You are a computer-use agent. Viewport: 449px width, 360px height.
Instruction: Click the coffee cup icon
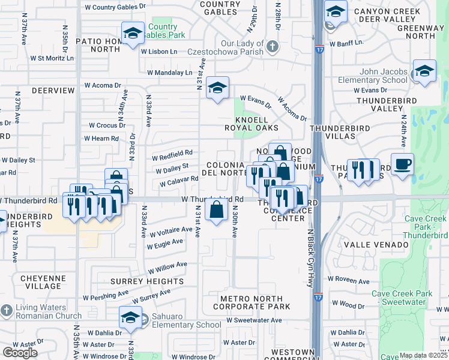pyautogui.click(x=402, y=164)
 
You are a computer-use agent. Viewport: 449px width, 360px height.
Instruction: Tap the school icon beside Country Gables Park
pyautogui.click(x=132, y=32)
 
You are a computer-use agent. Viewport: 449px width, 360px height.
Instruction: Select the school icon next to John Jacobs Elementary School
pyautogui.click(x=424, y=71)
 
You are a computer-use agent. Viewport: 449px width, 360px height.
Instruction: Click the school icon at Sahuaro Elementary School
pyautogui.click(x=130, y=317)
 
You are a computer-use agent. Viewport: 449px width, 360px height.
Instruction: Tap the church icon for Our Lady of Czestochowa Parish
pyautogui.click(x=272, y=46)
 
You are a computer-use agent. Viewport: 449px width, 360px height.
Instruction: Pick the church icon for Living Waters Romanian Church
pyautogui.click(x=6, y=311)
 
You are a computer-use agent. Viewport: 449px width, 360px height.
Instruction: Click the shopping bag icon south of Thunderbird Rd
pyautogui.click(x=216, y=210)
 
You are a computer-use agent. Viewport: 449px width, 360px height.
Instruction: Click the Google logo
pyautogui.click(x=20, y=352)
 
